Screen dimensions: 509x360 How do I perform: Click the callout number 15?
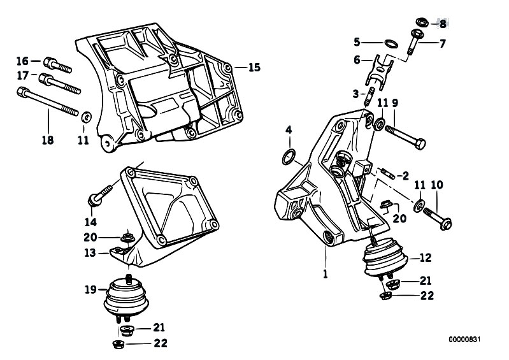[255, 68]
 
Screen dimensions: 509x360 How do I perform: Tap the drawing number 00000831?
[464, 340]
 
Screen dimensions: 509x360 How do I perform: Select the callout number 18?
[48, 140]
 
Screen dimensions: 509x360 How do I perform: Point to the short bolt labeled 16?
[57, 65]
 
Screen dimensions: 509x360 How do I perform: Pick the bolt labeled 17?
[60, 83]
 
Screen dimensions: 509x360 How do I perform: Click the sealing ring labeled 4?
[289, 157]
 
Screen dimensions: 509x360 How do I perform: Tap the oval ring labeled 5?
[391, 43]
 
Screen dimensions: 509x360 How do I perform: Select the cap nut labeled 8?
[422, 22]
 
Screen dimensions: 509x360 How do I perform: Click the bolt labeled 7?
[413, 41]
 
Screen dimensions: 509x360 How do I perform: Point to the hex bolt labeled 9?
[405, 138]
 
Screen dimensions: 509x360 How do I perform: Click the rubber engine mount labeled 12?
[385, 258]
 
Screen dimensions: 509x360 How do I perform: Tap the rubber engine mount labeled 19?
[126, 298]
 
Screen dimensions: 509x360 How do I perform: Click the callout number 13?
[90, 252]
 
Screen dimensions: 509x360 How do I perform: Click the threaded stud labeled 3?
[370, 96]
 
